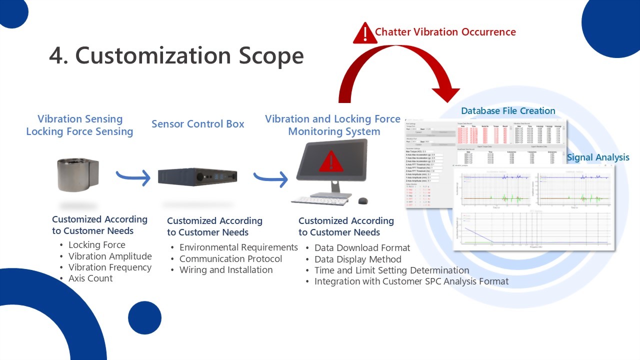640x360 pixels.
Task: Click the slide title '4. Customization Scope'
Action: [176, 55]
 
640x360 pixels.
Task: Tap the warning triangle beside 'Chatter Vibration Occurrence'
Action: [364, 33]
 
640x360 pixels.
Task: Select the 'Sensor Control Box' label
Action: [198, 124]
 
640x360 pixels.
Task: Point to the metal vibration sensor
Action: [78, 174]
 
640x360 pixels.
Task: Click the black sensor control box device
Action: [197, 176]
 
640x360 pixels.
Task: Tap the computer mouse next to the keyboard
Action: [363, 200]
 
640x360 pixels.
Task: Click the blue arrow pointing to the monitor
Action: [270, 178]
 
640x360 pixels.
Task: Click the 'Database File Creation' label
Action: [508, 111]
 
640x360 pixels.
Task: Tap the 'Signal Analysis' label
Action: [598, 157]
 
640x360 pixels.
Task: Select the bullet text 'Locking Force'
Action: [97, 245]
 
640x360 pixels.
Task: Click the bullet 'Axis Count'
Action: [90, 278]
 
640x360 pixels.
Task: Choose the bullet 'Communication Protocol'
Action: [230, 259]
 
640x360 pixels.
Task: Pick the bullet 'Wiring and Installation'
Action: [226, 270]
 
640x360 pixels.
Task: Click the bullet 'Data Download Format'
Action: [362, 248]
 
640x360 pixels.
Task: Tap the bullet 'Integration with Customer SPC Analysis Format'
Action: [411, 281]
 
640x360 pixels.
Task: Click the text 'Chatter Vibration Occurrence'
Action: [445, 32]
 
